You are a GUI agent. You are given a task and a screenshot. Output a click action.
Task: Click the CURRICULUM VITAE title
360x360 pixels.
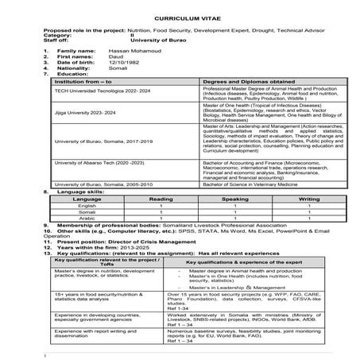tap(180, 17)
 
